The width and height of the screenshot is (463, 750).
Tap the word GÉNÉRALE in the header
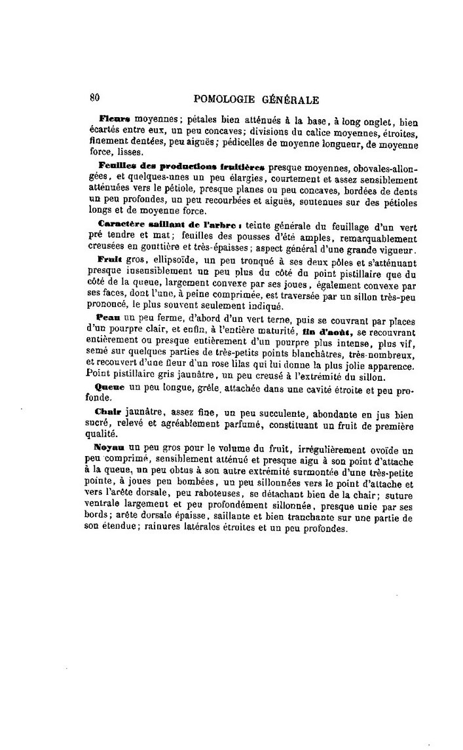290,99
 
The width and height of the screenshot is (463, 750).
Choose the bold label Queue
111,387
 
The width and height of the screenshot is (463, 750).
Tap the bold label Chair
109,412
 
